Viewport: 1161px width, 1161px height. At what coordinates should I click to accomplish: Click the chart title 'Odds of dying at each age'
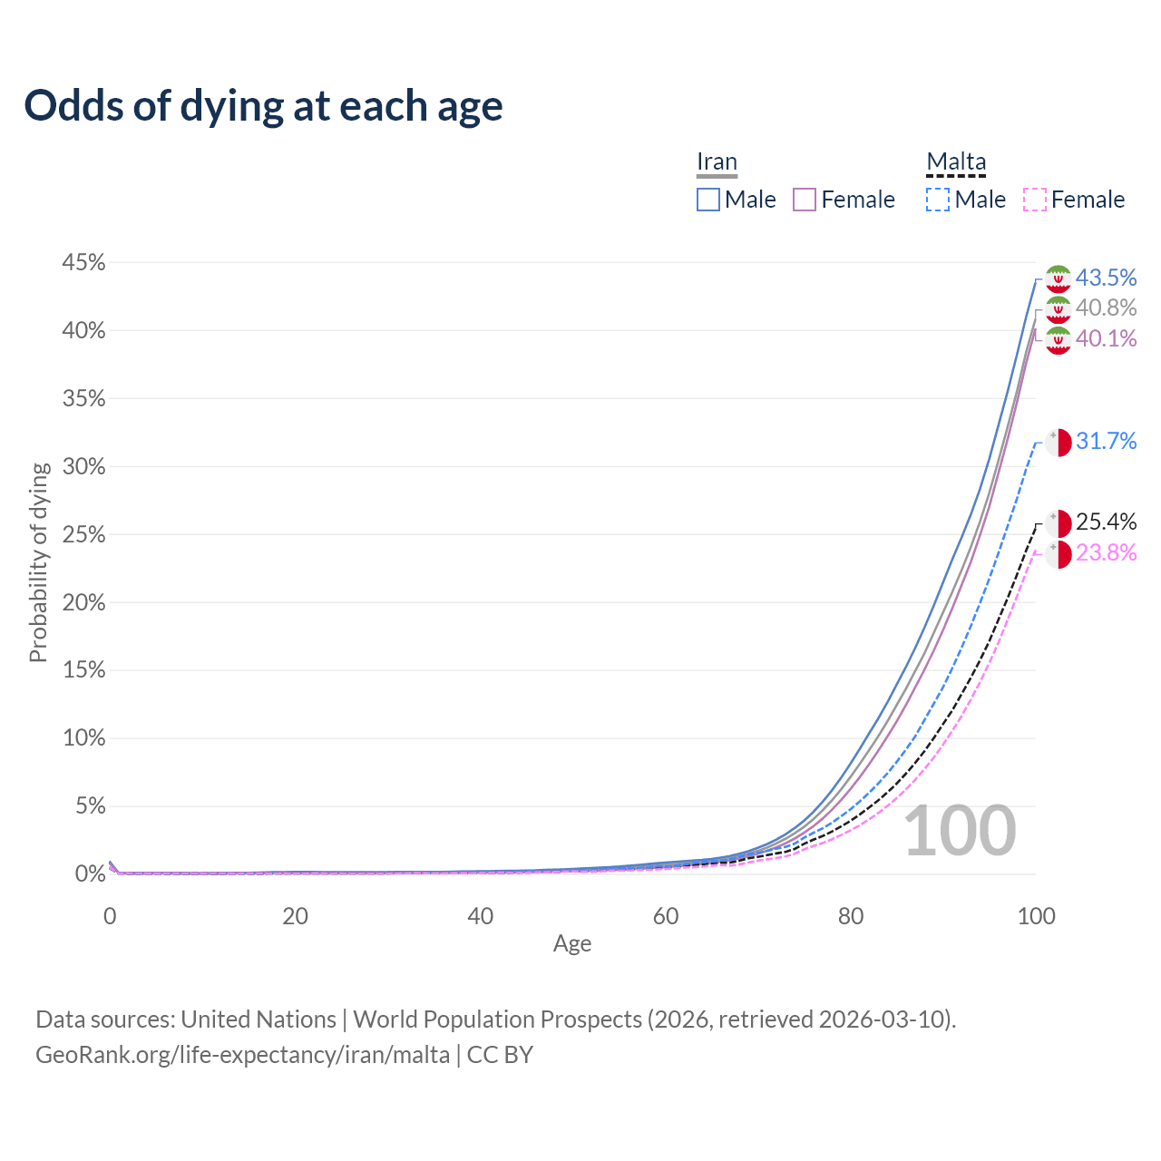pos(263,106)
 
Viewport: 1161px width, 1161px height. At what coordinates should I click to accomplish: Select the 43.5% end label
pos(1106,278)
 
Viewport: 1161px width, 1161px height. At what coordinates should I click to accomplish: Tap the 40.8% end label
pos(1106,308)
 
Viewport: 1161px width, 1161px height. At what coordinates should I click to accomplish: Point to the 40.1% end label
pos(1106,338)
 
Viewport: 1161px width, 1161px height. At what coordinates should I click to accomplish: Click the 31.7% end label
pos(1106,442)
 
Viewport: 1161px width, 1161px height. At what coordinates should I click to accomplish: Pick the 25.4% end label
pos(1106,522)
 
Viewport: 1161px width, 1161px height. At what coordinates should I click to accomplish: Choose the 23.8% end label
pos(1106,552)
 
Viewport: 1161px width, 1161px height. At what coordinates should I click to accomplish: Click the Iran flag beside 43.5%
pos(1058,278)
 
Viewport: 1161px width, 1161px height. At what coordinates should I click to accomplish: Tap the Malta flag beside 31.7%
pos(1058,443)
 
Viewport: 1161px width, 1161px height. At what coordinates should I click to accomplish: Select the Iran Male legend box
pos(708,200)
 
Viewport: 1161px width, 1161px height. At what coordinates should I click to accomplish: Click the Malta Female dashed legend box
pos(1035,200)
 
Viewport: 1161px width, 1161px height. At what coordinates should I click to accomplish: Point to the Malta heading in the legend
pos(956,161)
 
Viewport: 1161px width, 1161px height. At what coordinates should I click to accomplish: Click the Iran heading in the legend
pos(717,161)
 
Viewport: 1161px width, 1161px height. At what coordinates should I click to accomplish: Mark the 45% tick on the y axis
pos(83,263)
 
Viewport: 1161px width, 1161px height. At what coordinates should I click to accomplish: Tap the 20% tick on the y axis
pos(83,602)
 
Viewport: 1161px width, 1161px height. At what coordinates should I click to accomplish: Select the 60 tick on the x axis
pos(666,916)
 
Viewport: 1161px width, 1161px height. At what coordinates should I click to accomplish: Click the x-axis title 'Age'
pos(572,944)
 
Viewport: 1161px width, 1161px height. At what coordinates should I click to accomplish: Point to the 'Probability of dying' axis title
pos(38,562)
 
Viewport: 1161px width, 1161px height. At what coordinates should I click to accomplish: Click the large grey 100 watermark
pos(960,831)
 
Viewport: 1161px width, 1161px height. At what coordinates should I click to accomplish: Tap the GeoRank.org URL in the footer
pos(242,1055)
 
